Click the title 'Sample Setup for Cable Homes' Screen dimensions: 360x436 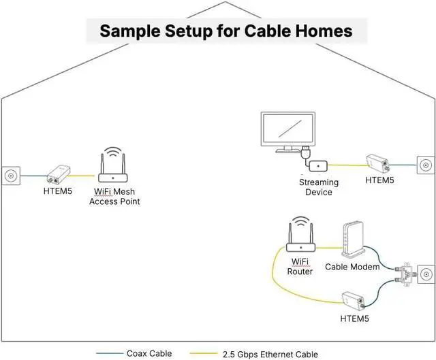point(225,31)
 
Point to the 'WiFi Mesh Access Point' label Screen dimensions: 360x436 point(114,197)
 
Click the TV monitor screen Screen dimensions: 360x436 point(288,129)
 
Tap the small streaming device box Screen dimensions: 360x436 point(319,165)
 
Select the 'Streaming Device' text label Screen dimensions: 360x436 point(319,187)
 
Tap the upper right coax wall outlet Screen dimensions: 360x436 point(425,165)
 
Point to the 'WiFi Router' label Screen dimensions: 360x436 point(300,266)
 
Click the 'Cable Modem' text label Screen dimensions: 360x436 point(352,267)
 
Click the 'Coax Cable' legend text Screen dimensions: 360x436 point(149,353)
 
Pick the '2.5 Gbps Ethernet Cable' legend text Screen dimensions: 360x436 point(271,354)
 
